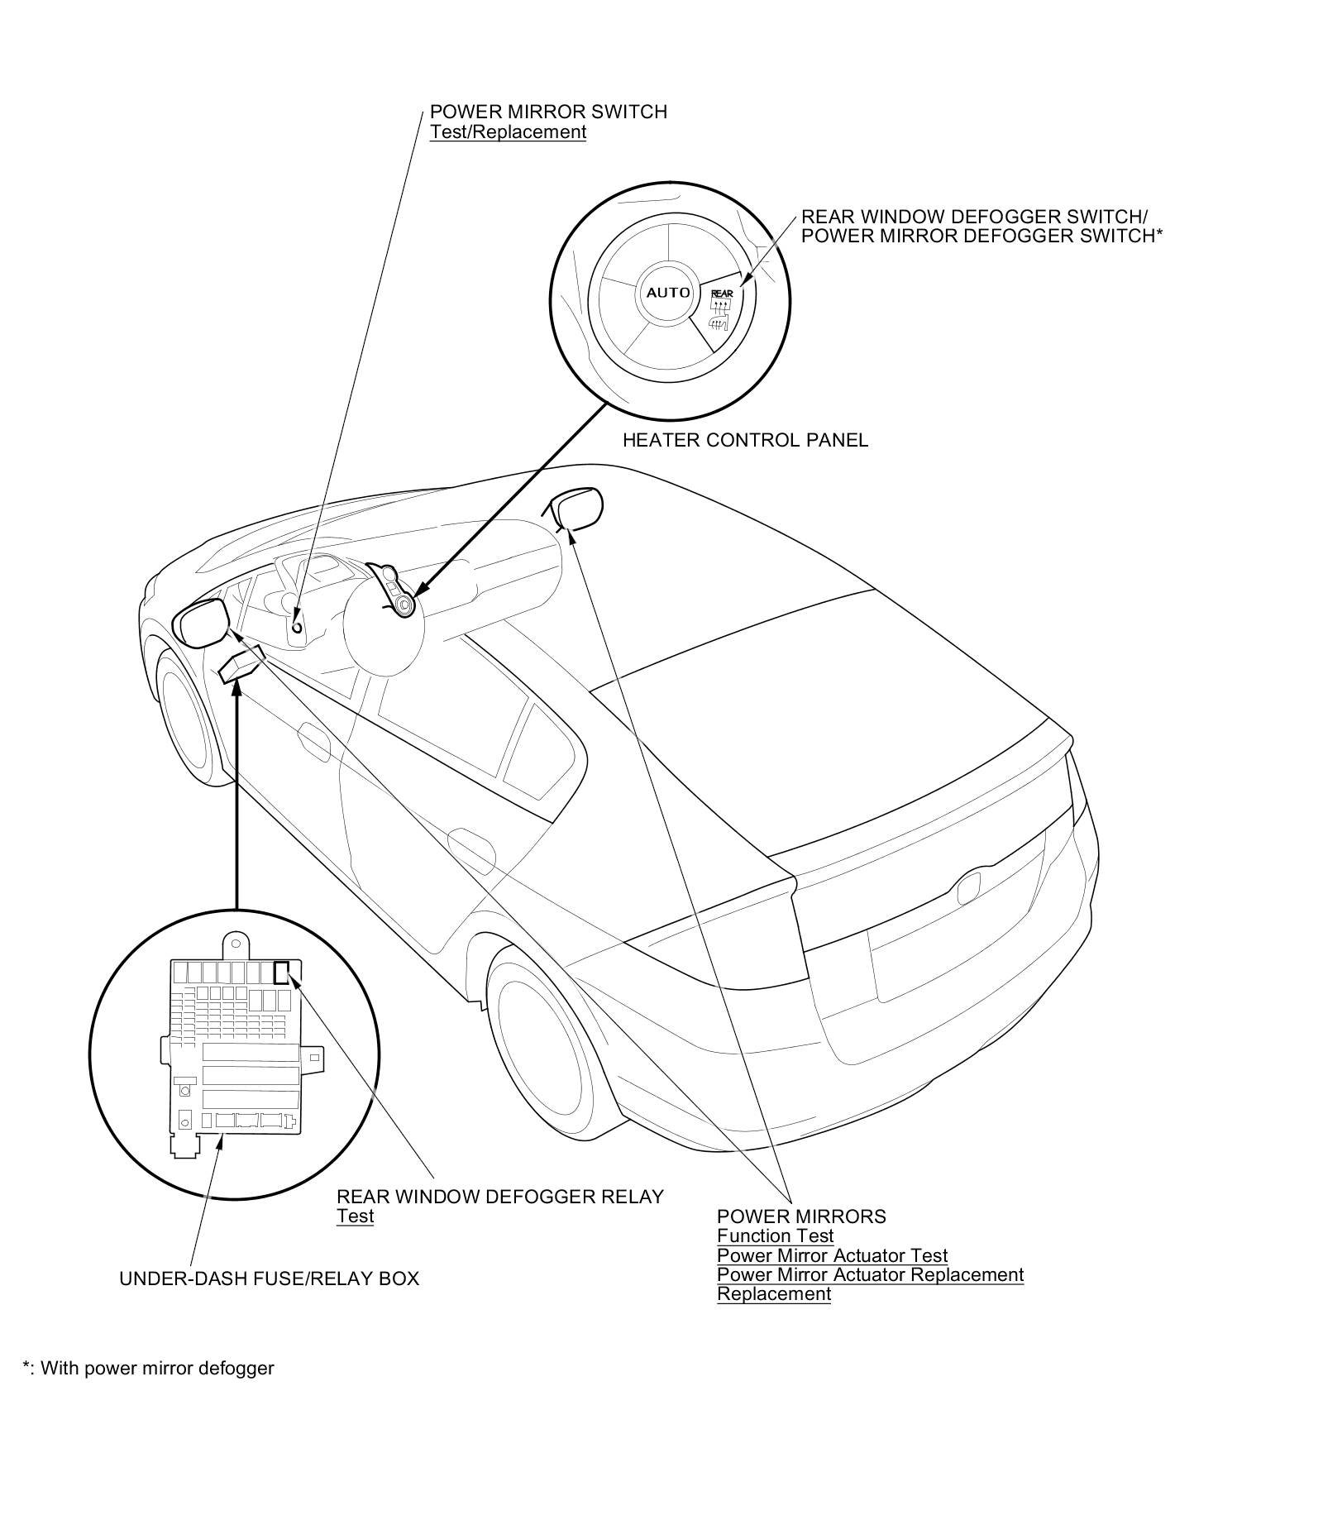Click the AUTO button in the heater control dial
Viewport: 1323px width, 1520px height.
[667, 292]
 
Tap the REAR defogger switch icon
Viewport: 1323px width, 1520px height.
[721, 311]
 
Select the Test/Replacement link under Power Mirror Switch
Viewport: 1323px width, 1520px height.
[508, 132]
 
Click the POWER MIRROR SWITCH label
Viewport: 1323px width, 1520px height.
[547, 112]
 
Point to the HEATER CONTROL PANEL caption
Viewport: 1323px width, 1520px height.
[745, 440]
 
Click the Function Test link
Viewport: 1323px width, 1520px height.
[775, 1236]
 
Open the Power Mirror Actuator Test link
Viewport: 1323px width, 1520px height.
[832, 1255]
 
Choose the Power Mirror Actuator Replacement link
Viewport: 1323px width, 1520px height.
[870, 1274]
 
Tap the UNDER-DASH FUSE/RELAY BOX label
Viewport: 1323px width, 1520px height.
[269, 1279]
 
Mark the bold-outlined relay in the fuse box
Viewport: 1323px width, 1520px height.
[282, 971]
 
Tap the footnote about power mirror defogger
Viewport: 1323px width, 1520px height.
[148, 1368]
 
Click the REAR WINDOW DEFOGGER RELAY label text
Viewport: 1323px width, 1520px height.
[499, 1196]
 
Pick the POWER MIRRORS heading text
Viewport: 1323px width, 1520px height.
[800, 1216]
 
